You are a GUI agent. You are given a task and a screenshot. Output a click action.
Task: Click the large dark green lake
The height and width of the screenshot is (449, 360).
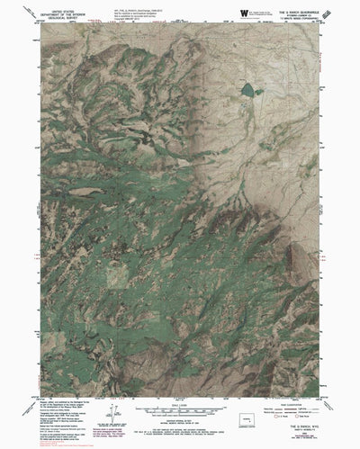pos(246,89)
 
